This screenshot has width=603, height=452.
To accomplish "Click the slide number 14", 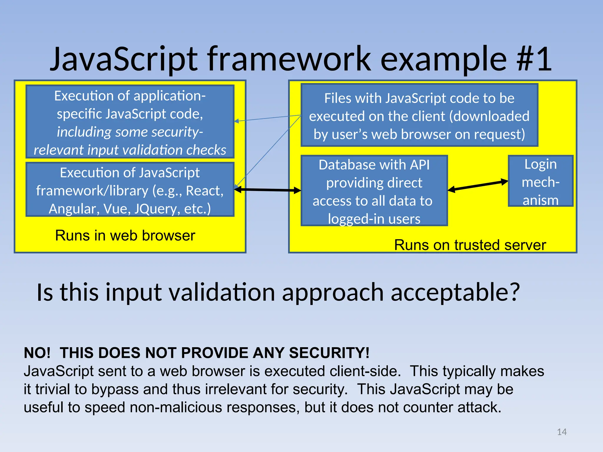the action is [561, 432].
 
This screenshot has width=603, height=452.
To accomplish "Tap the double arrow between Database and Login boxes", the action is [478, 186].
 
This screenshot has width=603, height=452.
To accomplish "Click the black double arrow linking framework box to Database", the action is [268, 190].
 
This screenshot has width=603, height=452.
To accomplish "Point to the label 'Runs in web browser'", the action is [125, 236].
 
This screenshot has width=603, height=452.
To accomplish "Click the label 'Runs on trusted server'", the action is [470, 245].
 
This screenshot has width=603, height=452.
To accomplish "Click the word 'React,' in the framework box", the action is [205, 191].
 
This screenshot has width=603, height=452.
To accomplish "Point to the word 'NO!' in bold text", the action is [37, 353].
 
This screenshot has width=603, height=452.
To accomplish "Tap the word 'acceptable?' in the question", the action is [455, 293].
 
